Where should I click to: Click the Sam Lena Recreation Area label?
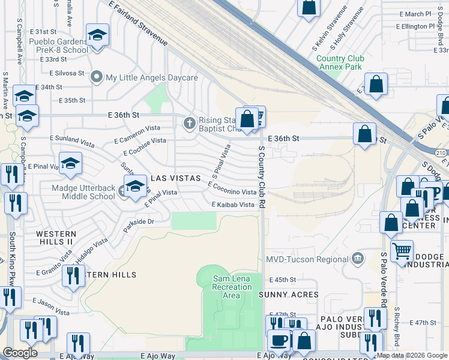pyautogui.click(x=232, y=287)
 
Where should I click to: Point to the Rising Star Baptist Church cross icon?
pyautogui.click(x=189, y=123)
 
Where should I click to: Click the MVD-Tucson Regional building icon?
pyautogui.click(x=358, y=259)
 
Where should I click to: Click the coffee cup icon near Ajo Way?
pyautogui.click(x=278, y=340)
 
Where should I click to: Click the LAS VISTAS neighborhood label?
pyautogui.click(x=175, y=179)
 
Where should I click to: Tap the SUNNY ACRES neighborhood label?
pyautogui.click(x=288, y=295)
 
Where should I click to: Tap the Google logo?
pyautogui.click(x=20, y=353)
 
